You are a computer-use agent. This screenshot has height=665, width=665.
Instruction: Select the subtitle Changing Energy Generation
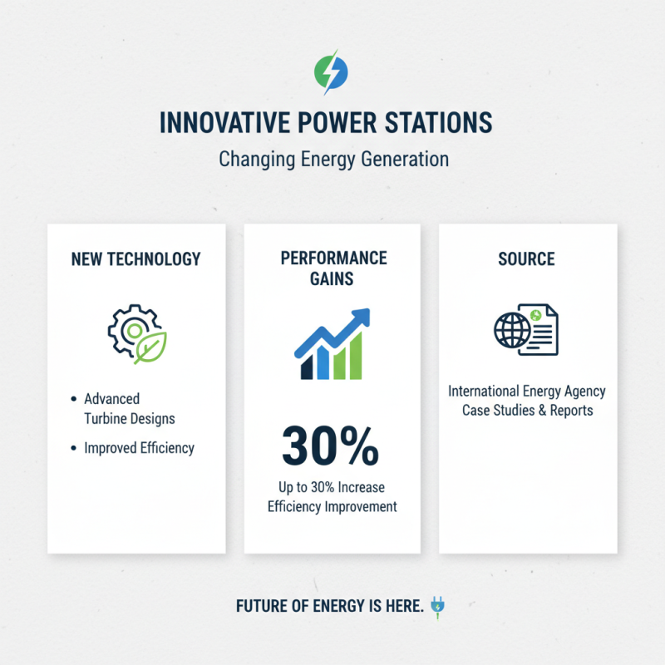332,159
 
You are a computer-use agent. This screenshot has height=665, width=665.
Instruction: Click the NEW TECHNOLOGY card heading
136,259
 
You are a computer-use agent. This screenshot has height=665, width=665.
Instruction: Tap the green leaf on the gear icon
152,347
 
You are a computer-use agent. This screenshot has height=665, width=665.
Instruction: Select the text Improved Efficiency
139,448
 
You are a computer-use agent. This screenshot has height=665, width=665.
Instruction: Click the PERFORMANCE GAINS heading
332,268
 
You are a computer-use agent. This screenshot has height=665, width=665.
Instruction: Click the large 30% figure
331,446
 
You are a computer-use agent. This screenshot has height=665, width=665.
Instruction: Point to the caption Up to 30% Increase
332,486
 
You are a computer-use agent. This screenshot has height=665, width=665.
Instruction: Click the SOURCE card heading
527,259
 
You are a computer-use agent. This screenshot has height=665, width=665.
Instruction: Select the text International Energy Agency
527,391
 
